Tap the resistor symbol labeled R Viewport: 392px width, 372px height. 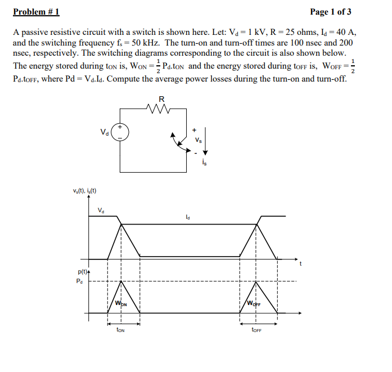click(x=162, y=106)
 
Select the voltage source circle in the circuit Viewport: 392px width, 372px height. click(x=120, y=133)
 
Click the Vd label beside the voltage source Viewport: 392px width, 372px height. click(x=104, y=133)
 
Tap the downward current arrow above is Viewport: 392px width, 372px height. click(x=205, y=144)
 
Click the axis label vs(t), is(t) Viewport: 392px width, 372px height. click(x=84, y=191)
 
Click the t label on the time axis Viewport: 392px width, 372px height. click(x=301, y=263)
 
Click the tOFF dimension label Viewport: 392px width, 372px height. click(x=256, y=330)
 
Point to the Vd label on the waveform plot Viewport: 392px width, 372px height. click(x=101, y=211)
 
